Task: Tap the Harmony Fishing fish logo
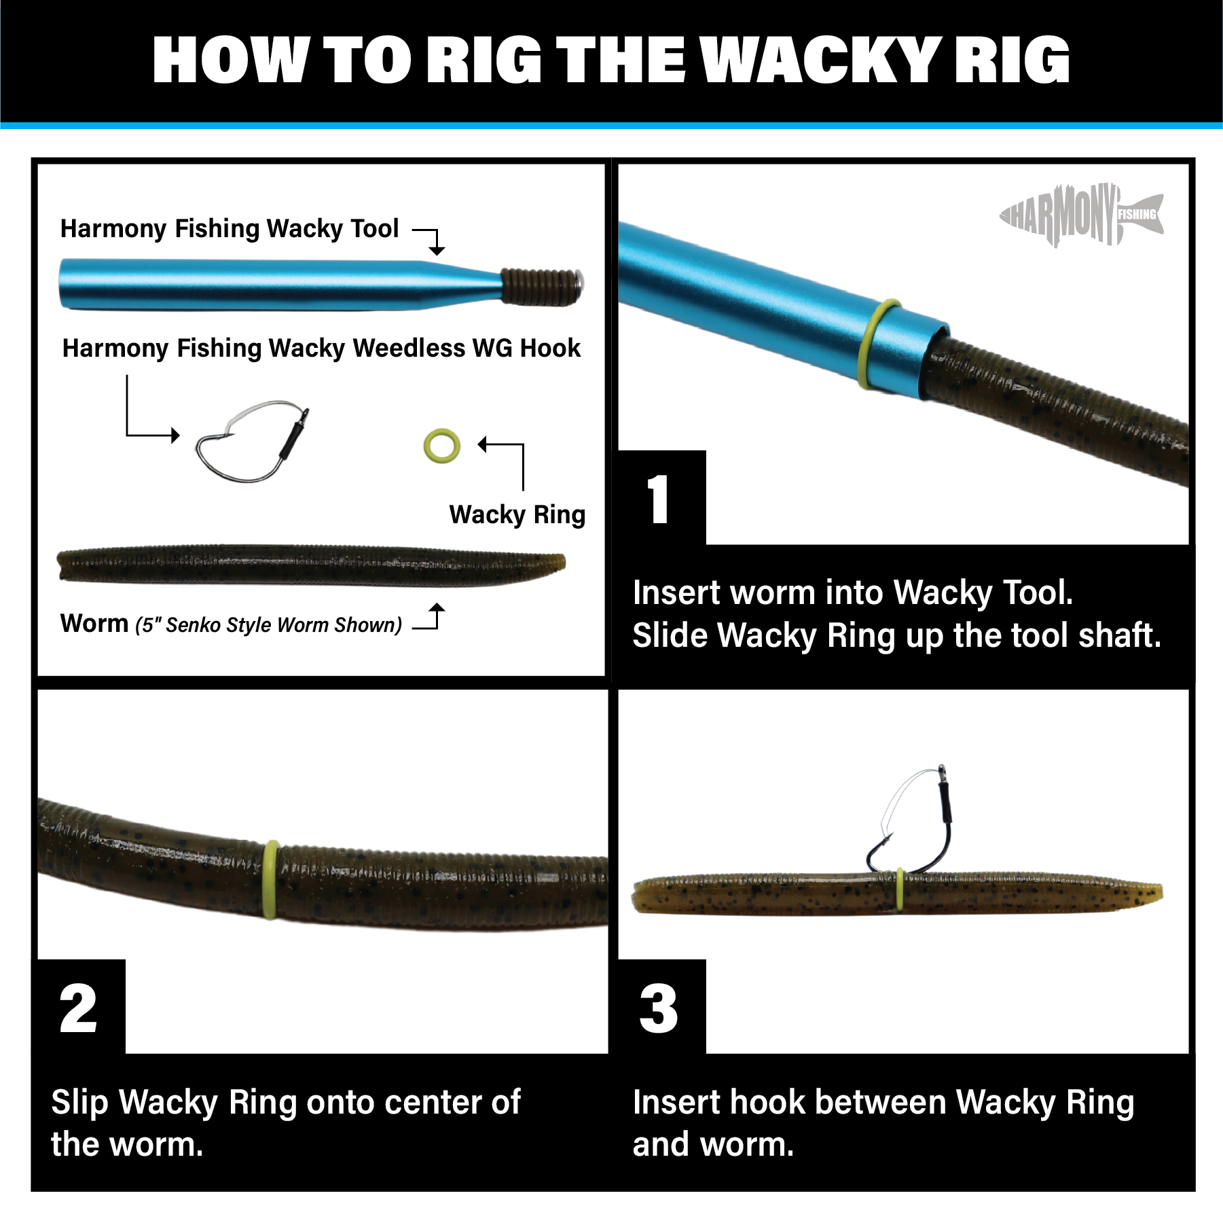[x=1081, y=215]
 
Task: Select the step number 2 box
[x=80, y=1008]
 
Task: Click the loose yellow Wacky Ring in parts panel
[x=441, y=446]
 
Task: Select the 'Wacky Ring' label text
[x=517, y=514]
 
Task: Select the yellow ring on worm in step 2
[x=270, y=879]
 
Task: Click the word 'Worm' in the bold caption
[x=94, y=624]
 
